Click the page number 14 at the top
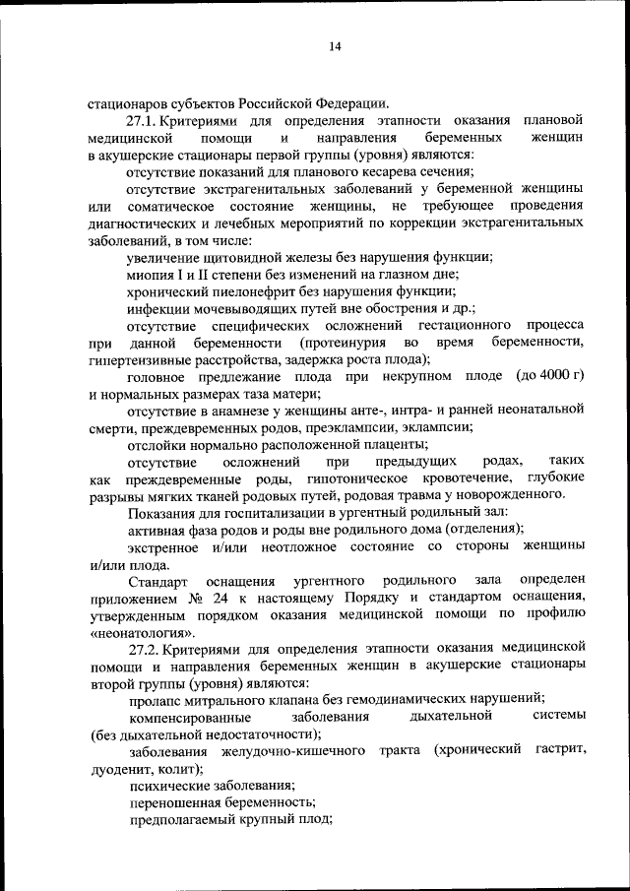click(x=334, y=45)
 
